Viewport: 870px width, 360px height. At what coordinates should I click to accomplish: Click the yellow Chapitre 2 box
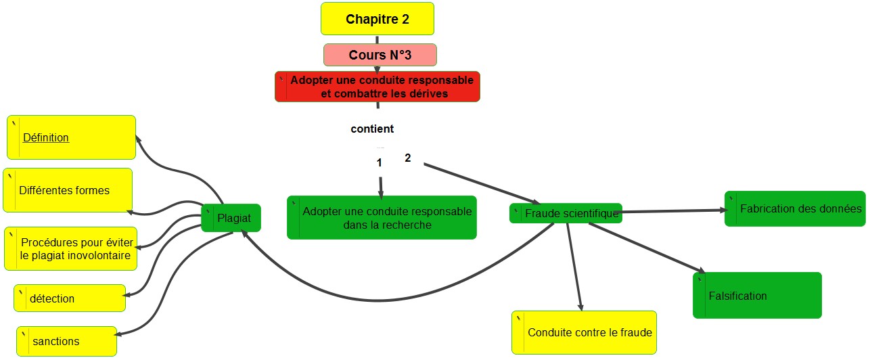point(377,19)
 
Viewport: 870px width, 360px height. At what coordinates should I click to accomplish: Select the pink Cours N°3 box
point(380,55)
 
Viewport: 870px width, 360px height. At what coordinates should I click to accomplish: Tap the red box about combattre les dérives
point(377,87)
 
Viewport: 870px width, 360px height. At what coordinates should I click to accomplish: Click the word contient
point(372,129)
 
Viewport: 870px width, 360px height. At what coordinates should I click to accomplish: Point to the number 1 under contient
point(380,162)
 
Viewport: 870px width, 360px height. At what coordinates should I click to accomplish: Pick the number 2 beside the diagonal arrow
point(407,158)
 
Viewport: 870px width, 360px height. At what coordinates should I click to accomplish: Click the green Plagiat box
point(231,218)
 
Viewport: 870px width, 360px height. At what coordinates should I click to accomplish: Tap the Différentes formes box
point(67,190)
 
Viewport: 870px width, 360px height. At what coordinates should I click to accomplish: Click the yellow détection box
point(70,298)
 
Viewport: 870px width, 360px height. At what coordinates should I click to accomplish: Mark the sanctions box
point(67,341)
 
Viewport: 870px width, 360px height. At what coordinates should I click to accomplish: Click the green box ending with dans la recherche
point(382,218)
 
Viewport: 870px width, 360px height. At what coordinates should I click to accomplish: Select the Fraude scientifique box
point(565,214)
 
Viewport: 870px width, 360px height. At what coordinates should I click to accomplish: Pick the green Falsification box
point(757,295)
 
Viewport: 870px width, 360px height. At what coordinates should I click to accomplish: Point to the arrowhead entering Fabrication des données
point(722,210)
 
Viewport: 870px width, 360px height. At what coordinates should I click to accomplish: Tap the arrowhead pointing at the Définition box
point(137,137)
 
